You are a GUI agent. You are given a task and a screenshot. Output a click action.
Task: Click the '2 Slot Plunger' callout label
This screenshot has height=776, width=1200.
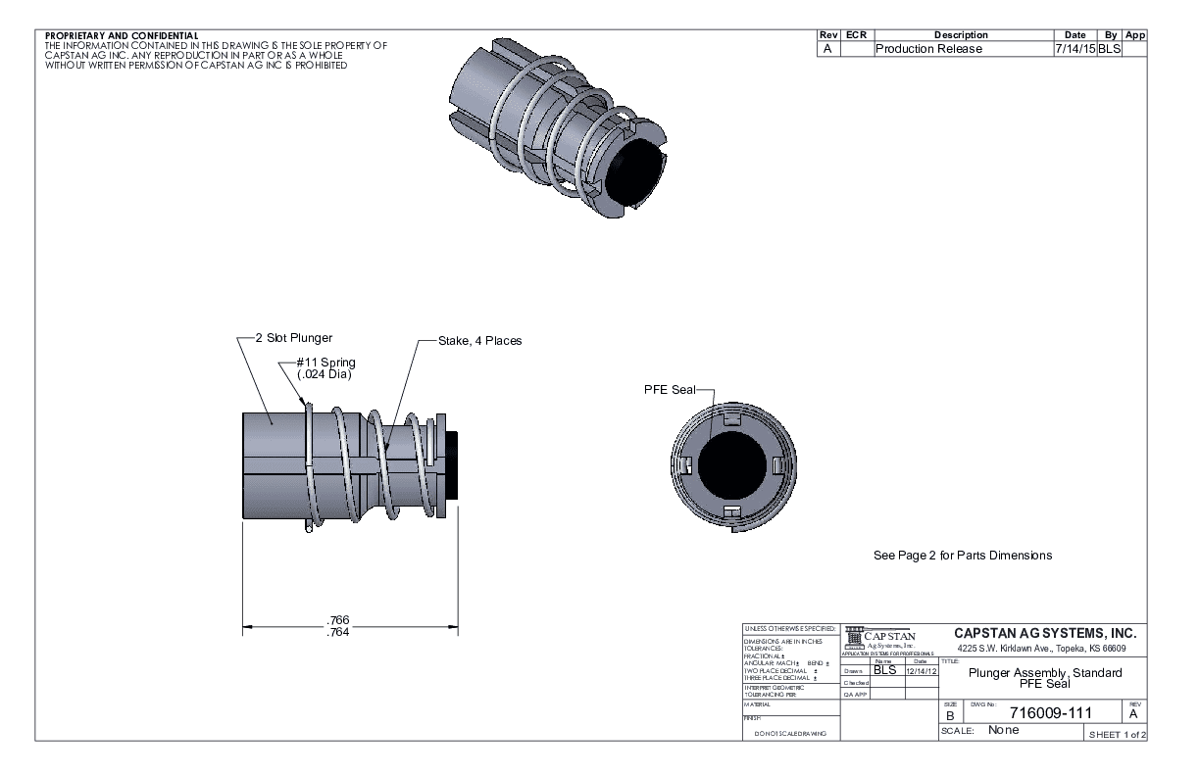301,337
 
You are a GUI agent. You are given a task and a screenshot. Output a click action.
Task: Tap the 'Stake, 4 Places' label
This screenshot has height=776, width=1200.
480,341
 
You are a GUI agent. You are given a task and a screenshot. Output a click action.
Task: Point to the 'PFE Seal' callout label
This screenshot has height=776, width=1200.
669,389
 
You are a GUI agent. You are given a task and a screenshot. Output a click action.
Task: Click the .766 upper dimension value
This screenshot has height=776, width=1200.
339,619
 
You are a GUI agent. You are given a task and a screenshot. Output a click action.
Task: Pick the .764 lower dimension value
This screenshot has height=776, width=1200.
339,632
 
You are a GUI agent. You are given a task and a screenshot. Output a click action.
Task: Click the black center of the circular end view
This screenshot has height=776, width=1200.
734,462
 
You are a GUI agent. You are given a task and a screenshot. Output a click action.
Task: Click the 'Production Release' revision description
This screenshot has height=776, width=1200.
927,49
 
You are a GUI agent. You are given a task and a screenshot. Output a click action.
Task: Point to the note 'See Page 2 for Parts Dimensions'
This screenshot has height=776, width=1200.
962,556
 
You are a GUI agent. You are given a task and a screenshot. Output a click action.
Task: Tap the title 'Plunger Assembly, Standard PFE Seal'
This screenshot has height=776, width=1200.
1044,678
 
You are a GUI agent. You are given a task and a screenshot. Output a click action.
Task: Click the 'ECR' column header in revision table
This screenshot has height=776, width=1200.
856,35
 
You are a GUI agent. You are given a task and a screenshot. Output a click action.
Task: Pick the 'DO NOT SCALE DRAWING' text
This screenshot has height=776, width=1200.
789,734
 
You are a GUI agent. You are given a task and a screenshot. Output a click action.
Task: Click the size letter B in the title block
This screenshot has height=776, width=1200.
948,717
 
